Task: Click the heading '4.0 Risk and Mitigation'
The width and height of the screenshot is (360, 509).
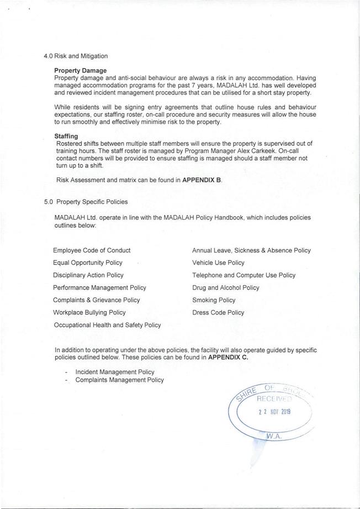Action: click(76, 56)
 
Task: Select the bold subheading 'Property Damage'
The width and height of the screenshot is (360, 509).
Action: click(81, 71)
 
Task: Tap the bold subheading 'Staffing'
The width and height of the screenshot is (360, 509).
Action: click(66, 136)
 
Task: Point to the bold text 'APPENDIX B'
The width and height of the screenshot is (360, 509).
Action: click(203, 180)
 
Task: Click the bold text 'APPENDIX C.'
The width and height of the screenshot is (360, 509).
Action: click(228, 358)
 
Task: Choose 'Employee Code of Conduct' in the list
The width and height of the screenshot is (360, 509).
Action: click(92, 250)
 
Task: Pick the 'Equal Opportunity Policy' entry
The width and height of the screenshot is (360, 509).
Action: click(88, 263)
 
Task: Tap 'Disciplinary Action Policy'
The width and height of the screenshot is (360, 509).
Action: click(88, 275)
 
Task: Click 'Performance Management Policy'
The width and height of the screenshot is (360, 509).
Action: click(99, 287)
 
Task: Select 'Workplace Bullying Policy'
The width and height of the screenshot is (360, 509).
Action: click(89, 312)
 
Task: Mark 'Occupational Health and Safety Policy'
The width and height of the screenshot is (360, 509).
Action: click(107, 325)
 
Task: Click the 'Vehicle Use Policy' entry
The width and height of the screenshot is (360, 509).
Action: click(218, 263)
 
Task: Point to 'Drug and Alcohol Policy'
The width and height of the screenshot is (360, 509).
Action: click(225, 287)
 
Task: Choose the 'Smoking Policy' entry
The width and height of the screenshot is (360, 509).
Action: click(214, 300)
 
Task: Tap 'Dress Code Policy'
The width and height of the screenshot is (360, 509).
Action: click(218, 312)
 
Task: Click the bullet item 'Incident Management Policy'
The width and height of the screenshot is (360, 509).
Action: click(115, 372)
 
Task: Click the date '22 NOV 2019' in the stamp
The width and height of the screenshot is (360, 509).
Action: click(274, 412)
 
